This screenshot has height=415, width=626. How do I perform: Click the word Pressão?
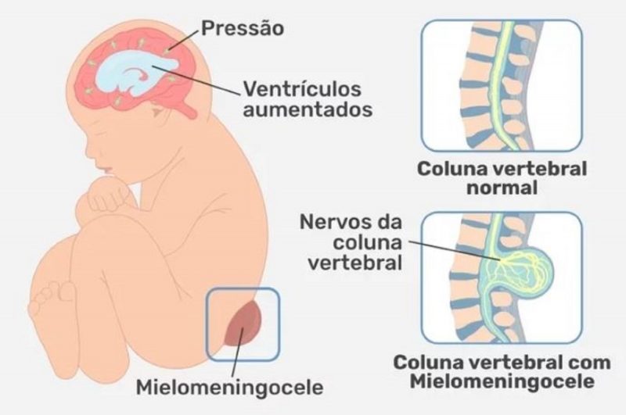(243, 30)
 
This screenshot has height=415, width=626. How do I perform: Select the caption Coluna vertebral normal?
(502, 178)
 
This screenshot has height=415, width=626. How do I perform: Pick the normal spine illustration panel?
(502, 85)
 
